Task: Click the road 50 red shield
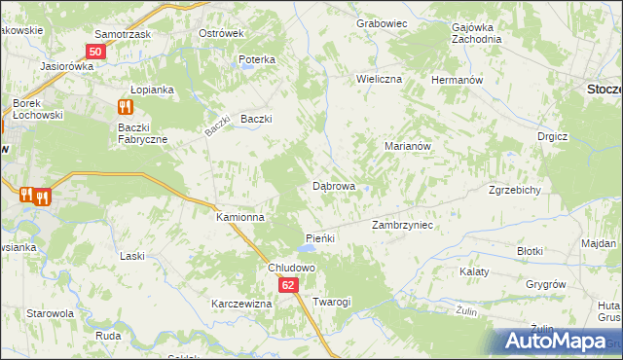95,52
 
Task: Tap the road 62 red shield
288,285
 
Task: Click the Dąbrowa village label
333,185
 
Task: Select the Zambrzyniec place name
402,225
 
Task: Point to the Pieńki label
320,238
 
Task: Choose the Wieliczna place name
379,78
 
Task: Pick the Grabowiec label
380,22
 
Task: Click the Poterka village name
257,59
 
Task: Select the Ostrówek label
220,33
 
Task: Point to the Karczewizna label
241,304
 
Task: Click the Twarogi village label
331,302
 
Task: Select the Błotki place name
530,250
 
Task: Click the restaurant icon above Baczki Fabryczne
125,107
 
